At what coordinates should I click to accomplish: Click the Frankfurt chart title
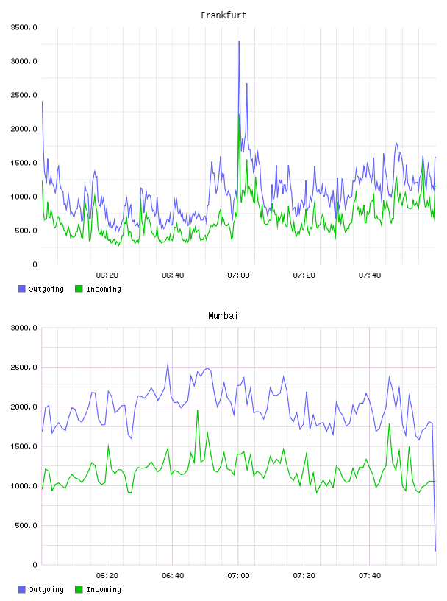223,15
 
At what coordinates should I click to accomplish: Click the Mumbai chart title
223,316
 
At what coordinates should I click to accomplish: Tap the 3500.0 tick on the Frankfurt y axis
24,27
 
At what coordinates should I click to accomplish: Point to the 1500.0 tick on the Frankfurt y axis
24,163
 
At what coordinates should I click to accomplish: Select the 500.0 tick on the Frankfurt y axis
26,231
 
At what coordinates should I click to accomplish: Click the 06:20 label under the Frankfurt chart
107,275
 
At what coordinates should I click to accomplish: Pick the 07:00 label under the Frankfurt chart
238,275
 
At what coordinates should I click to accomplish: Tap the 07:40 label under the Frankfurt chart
370,275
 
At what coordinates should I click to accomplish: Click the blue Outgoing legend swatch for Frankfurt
21,289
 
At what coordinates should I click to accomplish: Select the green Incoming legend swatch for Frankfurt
79,289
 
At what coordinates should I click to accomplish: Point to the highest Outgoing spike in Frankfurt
239,41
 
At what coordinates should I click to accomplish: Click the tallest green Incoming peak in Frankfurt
239,115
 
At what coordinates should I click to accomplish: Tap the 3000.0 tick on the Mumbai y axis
24,328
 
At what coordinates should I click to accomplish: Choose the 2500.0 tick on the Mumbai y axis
24,368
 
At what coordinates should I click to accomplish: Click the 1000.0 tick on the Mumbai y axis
24,486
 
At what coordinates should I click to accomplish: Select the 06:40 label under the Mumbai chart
173,576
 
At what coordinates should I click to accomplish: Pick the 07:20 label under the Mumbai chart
304,576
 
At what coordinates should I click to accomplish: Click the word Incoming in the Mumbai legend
104,589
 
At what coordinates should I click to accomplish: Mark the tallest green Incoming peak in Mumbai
198,410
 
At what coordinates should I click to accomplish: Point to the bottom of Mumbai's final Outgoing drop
435,551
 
